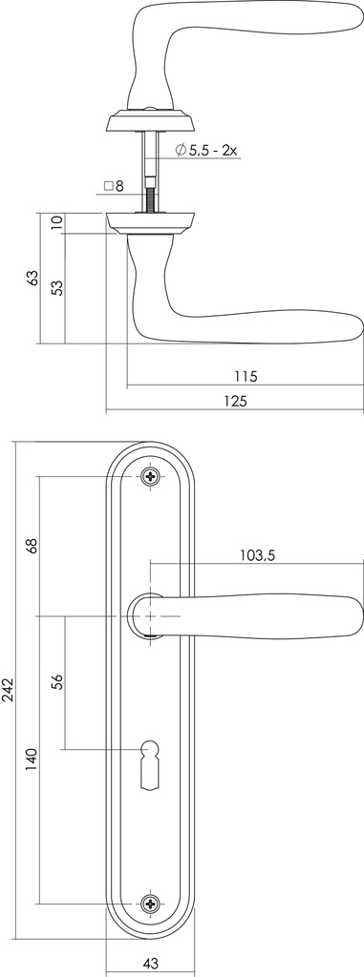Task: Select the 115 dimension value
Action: pyautogui.click(x=245, y=376)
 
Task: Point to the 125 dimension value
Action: pyautogui.click(x=235, y=402)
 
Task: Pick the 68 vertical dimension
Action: pyautogui.click(x=32, y=546)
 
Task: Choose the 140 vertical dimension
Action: pyautogui.click(x=32, y=759)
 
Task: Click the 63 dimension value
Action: pyautogui.click(x=32, y=278)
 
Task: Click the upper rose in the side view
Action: pyautogui.click(x=151, y=121)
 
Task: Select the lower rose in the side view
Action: pyautogui.click(x=151, y=223)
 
